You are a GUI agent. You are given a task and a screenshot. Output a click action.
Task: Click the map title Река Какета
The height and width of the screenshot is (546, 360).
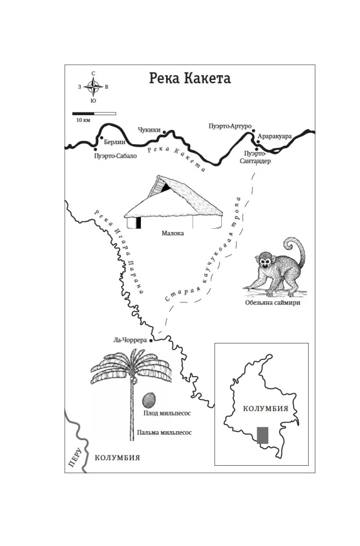[x=190, y=78]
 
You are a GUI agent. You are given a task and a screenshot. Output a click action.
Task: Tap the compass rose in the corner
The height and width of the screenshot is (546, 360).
[x=93, y=87]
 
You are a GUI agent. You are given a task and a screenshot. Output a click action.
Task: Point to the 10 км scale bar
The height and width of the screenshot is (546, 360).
[x=94, y=114]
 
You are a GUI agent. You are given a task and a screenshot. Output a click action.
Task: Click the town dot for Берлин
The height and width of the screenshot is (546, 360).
[x=102, y=138]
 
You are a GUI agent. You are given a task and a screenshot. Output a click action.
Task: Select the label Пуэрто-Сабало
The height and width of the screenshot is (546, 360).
[x=115, y=156]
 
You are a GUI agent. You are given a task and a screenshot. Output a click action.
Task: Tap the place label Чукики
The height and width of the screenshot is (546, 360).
[x=149, y=130]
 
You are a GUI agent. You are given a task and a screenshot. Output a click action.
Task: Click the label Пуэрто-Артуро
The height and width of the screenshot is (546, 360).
[x=230, y=126]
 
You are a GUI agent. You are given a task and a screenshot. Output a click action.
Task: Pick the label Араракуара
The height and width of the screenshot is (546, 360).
[x=275, y=136]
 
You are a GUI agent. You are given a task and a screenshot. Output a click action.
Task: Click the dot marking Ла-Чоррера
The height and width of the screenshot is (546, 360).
[x=151, y=341]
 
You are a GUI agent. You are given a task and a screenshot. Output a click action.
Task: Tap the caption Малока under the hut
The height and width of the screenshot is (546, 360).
[x=173, y=233]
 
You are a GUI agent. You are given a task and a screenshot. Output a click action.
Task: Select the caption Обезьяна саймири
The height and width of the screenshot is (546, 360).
[x=273, y=302]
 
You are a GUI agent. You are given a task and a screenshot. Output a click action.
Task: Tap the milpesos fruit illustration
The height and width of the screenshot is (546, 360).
[x=149, y=400]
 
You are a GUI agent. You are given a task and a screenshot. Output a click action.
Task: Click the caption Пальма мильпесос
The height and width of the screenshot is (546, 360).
[x=164, y=432]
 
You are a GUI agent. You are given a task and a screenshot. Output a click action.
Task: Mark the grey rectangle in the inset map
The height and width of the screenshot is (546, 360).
[x=263, y=435]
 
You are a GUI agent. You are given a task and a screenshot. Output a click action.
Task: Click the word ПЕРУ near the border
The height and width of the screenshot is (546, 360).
[x=75, y=457]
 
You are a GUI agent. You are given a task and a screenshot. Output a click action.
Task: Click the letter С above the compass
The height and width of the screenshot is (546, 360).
[x=93, y=74]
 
